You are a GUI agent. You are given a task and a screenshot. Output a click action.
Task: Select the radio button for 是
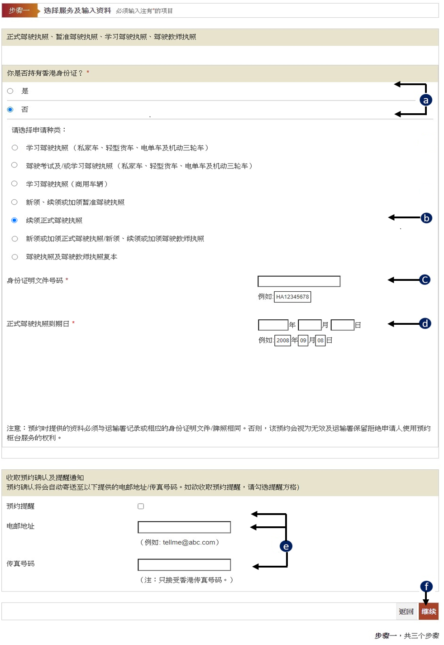[10, 91]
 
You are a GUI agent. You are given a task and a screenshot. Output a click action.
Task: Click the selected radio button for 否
[10, 110]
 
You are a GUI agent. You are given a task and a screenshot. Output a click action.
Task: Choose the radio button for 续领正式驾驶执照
[14, 220]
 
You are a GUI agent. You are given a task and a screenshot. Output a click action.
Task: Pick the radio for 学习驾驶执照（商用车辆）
[14, 184]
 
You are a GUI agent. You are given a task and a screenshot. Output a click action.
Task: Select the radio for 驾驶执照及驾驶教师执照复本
[14, 257]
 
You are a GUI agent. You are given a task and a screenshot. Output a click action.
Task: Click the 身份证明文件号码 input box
[299, 281]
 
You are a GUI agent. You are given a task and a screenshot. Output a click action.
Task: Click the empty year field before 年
[273, 325]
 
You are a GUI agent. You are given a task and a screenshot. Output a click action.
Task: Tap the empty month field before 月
[310, 325]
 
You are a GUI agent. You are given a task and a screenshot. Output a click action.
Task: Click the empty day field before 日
[343, 325]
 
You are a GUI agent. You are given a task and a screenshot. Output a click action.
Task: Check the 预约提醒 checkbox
[141, 506]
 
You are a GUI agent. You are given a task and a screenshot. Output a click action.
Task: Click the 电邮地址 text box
[184, 527]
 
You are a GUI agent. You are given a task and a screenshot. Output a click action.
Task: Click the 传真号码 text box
[184, 565]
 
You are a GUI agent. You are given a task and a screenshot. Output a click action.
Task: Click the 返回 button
[406, 611]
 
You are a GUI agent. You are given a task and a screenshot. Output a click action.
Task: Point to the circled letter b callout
[426, 218]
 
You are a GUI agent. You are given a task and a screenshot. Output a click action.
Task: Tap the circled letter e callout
[286, 546]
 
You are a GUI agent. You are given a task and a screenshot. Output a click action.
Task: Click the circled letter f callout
[426, 586]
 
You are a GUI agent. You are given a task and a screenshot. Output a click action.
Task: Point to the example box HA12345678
[292, 297]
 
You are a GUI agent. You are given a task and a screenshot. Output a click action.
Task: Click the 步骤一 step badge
[19, 10]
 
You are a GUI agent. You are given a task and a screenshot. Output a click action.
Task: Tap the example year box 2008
[282, 340]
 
